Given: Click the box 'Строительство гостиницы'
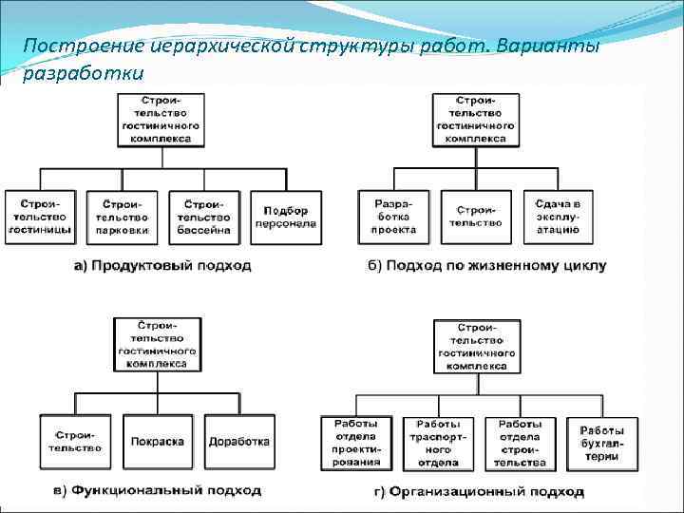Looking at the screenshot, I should [39, 218].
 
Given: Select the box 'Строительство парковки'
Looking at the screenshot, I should [122, 218].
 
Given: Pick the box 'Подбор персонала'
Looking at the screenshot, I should [286, 218].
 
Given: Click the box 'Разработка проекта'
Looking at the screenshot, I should [393, 218].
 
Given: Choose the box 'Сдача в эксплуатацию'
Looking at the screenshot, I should [558, 218].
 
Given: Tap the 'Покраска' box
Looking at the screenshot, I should [159, 442].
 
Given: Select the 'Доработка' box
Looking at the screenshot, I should [240, 442].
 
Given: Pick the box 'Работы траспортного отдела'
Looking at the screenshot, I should [438, 443].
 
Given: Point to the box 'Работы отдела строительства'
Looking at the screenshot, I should [520, 443].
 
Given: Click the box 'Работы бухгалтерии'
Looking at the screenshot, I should [601, 443].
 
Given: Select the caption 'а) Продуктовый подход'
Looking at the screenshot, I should [162, 266].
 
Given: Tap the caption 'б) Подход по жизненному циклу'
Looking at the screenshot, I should [486, 266].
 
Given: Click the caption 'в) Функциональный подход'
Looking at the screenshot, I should [157, 491].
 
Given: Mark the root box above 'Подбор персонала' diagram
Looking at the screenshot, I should [159, 119].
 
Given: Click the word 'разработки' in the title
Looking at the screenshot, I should [83, 72].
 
